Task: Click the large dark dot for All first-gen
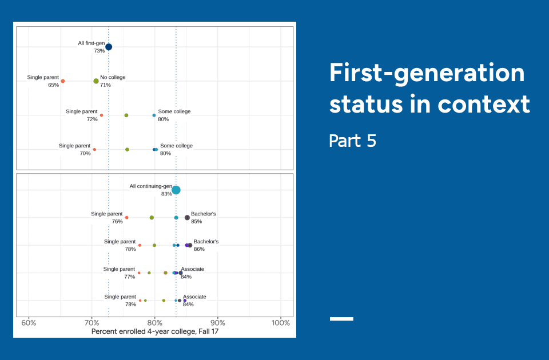tap(109, 47)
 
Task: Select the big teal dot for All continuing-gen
tap(176, 190)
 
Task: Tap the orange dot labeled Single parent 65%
tap(63, 81)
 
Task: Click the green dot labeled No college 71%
tap(96, 81)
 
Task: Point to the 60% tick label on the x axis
tap(29, 323)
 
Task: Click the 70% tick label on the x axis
tap(91, 323)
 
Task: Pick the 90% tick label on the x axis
tap(217, 323)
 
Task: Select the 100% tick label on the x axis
tap(281, 323)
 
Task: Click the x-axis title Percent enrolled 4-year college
tap(154, 331)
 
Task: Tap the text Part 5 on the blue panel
tap(352, 141)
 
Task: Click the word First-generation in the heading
tap(427, 73)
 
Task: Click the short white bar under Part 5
tap(341, 318)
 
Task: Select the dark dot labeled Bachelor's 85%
tap(187, 218)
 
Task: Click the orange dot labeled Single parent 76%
tap(126, 218)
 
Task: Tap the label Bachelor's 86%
tap(205, 245)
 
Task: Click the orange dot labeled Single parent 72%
tap(102, 115)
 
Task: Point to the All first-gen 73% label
tap(91, 47)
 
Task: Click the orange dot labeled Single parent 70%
tap(94, 150)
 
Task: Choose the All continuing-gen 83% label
tap(151, 190)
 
